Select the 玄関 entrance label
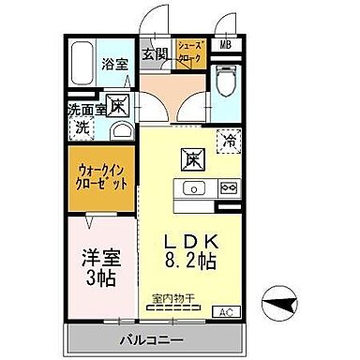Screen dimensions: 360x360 click(154, 54)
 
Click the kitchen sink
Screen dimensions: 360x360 click(194, 188)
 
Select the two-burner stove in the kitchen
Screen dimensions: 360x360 click(228, 188)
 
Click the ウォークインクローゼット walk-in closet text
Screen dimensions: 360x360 click(102, 176)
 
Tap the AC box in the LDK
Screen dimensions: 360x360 click(226, 310)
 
